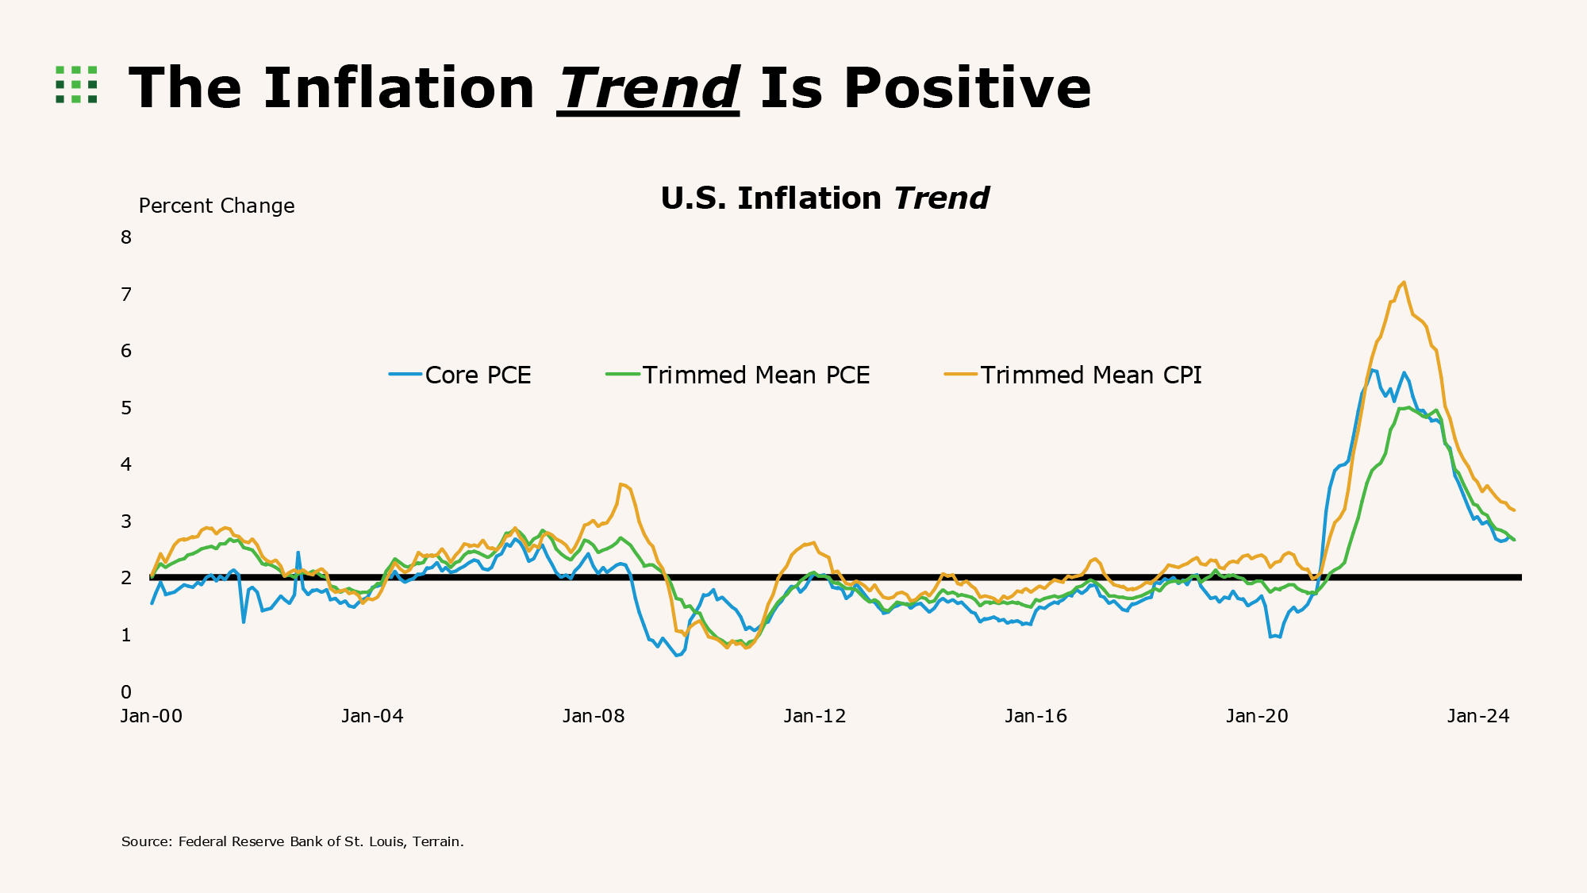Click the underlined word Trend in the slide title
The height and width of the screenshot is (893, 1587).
point(648,88)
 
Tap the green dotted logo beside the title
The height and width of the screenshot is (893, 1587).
point(76,85)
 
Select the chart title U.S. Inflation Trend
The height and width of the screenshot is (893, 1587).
point(824,198)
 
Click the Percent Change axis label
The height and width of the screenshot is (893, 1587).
point(217,206)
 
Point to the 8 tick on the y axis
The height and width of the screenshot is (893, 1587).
point(126,237)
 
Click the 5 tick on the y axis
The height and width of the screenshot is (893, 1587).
point(126,408)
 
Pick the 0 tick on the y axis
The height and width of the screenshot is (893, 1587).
point(126,692)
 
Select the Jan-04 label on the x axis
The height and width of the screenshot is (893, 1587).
point(372,716)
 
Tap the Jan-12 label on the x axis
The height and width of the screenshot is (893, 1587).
point(815,716)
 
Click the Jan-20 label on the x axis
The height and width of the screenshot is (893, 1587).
point(1257,716)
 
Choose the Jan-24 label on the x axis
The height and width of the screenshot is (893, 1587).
point(1478,716)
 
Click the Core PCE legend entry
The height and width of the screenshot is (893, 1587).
point(460,375)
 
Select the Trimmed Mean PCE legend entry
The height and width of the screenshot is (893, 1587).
point(738,375)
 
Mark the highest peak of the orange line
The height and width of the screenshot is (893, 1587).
point(1404,283)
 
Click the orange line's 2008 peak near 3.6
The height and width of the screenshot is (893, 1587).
point(622,484)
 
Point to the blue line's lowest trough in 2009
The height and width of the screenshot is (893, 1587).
point(678,656)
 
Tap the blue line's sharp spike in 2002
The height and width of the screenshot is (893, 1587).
point(298,552)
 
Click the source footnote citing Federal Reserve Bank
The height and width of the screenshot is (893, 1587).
point(292,841)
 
